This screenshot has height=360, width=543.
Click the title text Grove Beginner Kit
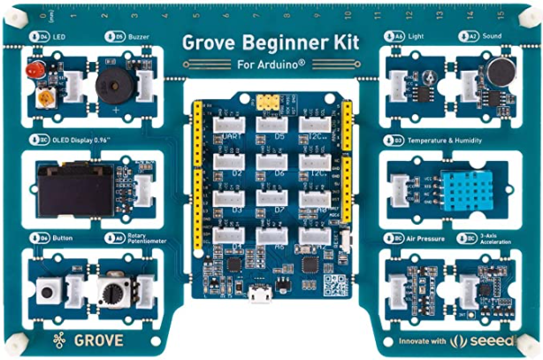271,42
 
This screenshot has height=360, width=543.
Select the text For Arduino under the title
271,64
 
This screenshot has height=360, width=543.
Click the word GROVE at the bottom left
96,340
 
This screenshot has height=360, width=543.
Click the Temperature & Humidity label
451,140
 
